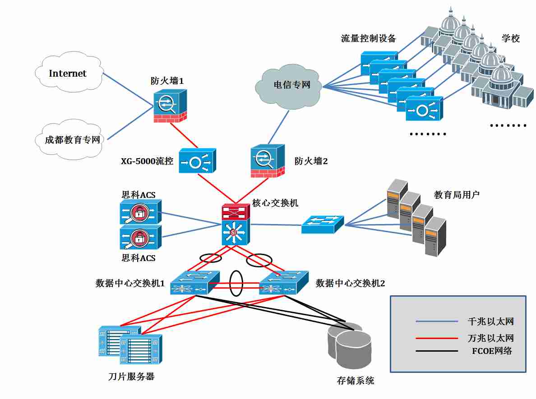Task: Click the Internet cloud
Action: click(68, 73)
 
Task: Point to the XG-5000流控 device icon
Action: click(197, 161)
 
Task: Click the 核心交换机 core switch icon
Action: click(235, 225)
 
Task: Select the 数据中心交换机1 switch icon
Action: click(195, 283)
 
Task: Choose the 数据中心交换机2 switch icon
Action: click(284, 283)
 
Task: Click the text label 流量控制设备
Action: click(368, 39)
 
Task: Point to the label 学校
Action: click(511, 39)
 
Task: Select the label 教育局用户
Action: click(457, 195)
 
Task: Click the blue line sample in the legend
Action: click(437, 322)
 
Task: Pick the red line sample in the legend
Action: click(437, 338)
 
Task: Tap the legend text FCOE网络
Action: click(489, 351)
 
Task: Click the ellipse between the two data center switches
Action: click(236, 283)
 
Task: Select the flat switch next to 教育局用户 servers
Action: click(323, 224)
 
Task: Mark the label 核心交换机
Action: click(275, 203)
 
